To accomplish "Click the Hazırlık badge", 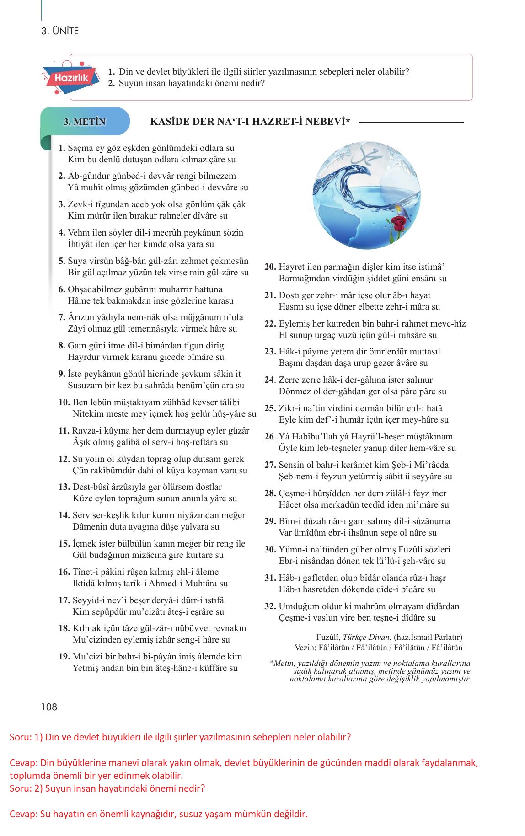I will click(x=71, y=78).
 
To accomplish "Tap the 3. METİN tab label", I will click(x=85, y=122).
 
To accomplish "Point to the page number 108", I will click(x=49, y=707).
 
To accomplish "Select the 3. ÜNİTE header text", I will click(x=60, y=31).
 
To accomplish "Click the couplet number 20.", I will click(x=270, y=267).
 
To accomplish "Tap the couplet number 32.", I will click(x=270, y=606).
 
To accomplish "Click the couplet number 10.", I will click(x=64, y=402).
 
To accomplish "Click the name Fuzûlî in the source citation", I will click(x=328, y=637).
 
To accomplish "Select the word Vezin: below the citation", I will click(x=305, y=648).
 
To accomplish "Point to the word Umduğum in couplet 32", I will click(x=298, y=606).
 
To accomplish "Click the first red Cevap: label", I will click(x=23, y=763).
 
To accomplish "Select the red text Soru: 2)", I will click(x=26, y=788).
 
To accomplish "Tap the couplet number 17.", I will click(x=64, y=600).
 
